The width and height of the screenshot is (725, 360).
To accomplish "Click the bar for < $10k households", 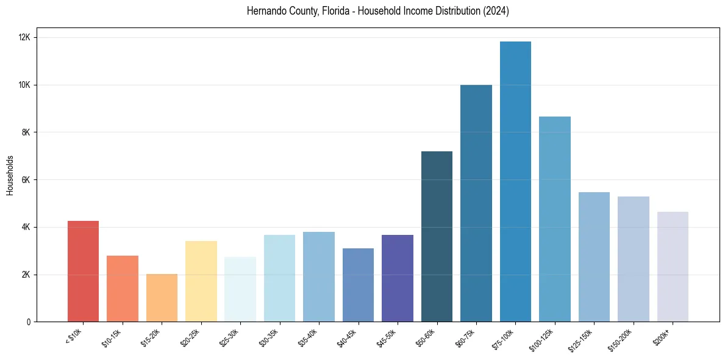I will coord(83,272).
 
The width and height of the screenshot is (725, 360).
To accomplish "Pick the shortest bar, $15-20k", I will coord(162,298).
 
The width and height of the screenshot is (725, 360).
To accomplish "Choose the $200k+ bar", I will coord(673,267).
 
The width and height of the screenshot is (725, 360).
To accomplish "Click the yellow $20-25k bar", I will coord(201,281).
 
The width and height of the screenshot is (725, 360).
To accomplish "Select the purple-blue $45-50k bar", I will coord(398,278).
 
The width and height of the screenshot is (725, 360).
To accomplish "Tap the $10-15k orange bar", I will coord(123,289).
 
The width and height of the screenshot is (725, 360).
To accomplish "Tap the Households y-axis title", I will coord(10,175).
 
